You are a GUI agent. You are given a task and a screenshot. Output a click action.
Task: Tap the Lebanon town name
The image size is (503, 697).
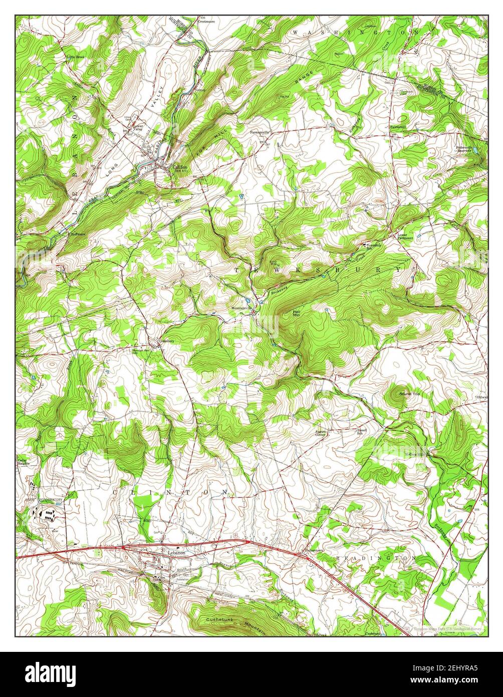tap(177, 552)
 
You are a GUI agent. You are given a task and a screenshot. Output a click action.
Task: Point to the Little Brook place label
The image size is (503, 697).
tap(76, 57)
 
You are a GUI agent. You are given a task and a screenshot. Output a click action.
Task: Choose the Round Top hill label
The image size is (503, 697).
tap(409, 394)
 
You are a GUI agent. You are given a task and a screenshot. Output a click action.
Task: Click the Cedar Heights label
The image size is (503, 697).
tap(23, 462)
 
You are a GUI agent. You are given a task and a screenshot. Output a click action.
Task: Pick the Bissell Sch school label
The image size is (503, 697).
tap(361, 431)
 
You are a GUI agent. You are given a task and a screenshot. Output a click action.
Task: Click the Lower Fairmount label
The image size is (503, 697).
tap(406, 236)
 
